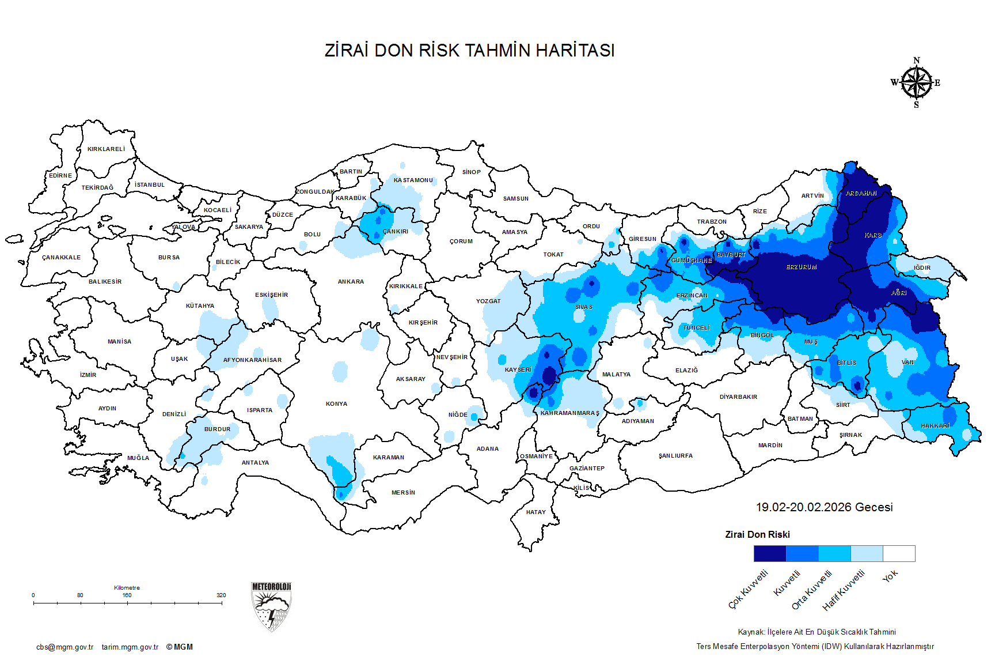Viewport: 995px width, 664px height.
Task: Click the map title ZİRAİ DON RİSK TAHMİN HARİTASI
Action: [469, 51]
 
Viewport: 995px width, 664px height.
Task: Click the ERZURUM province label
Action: [801, 267]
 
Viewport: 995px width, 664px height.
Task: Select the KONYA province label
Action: [336, 404]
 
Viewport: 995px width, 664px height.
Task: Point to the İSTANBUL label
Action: [150, 185]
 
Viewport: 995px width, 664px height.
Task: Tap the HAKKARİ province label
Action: [935, 426]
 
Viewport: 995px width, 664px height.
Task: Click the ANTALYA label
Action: [255, 463]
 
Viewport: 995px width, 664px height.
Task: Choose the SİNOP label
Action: [471, 172]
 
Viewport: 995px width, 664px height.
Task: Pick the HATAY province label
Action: [536, 512]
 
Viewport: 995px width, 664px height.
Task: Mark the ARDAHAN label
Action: [861, 194]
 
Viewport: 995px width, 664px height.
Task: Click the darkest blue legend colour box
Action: [769, 554]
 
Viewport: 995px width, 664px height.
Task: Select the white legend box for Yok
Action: [899, 554]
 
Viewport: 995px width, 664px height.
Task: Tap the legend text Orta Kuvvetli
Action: [812, 590]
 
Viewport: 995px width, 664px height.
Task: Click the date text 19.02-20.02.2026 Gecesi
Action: [824, 507]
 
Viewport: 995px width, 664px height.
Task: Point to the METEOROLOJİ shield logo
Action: [271, 606]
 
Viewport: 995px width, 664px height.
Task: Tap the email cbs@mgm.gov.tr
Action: [64, 647]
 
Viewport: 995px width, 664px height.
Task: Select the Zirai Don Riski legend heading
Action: [757, 535]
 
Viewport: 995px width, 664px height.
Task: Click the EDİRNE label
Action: [60, 176]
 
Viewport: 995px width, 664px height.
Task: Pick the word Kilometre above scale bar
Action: [127, 588]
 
